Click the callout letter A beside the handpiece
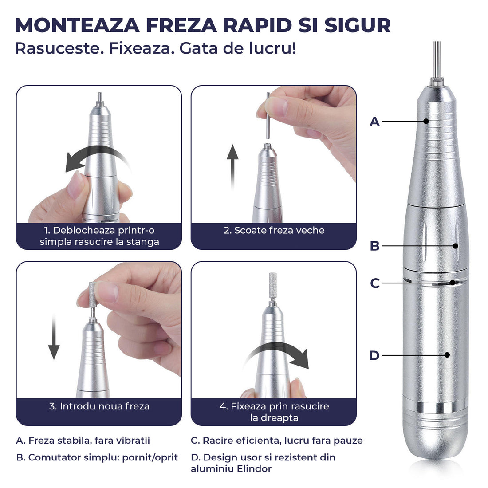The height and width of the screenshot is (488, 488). (x=375, y=122)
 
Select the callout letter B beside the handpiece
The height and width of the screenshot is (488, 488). (x=375, y=246)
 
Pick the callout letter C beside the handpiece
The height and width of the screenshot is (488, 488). (x=375, y=283)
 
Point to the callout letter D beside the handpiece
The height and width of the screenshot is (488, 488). (x=374, y=355)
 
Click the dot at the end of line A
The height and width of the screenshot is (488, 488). (x=426, y=121)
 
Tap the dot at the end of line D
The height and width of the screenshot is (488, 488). (x=447, y=355)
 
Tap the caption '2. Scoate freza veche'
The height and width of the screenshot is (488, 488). (x=274, y=230)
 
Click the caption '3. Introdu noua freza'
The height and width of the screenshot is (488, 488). (x=99, y=406)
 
